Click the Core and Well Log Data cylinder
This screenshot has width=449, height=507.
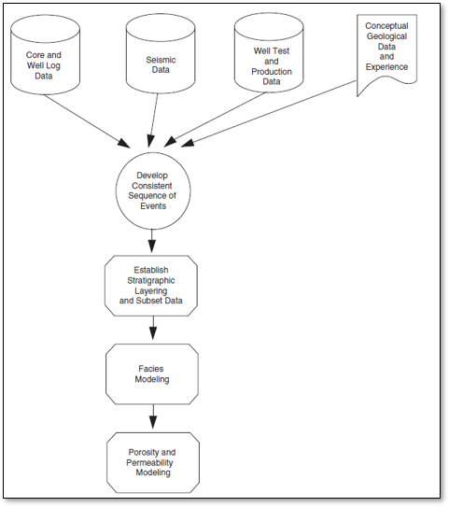coord(45,55)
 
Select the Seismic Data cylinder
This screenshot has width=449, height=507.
coord(161,54)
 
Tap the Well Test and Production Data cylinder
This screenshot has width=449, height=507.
coord(269,52)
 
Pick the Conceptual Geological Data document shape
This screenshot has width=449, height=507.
coord(386,55)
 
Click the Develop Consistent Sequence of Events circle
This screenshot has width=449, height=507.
coord(153,190)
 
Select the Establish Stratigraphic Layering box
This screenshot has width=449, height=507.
coord(151,286)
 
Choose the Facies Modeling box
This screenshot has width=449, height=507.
coord(152,374)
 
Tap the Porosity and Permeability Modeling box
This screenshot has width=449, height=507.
coord(153,463)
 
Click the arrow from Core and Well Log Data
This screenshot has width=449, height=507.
coord(87,121)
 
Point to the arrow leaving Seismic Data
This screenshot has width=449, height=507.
coord(152,120)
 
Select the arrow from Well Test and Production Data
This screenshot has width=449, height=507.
coord(215,120)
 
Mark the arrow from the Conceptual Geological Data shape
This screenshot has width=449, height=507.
coord(269,114)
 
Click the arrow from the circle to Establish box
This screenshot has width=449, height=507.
coord(151,241)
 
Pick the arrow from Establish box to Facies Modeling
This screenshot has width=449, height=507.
coord(153,328)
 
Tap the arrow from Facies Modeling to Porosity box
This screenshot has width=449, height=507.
coord(153,416)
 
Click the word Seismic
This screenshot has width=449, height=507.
coord(161,60)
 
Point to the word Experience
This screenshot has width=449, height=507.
coord(386,67)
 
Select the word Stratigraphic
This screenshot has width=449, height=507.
coord(151,280)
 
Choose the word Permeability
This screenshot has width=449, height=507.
coord(149,463)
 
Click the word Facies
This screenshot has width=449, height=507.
coord(151,369)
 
